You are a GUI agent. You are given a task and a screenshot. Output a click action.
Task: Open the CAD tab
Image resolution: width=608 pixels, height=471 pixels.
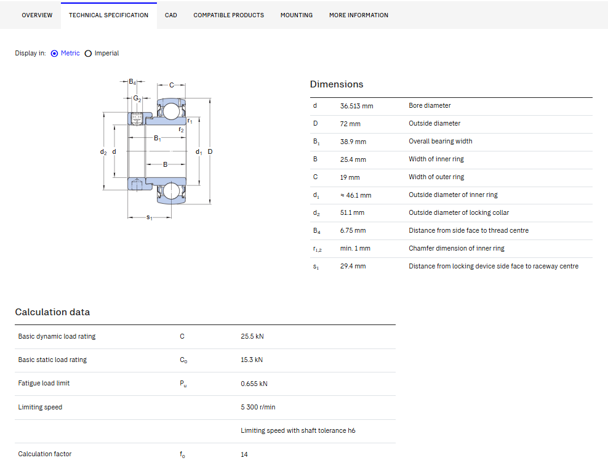[170, 15]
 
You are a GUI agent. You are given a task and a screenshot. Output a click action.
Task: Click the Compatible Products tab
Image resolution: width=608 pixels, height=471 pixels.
[228, 15]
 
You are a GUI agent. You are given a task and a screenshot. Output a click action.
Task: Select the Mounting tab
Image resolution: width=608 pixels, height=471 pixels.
[296, 15]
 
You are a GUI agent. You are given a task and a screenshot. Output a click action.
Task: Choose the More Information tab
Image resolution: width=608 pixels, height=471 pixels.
[358, 15]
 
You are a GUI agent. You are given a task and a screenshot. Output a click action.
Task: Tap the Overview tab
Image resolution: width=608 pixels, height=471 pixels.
[37, 15]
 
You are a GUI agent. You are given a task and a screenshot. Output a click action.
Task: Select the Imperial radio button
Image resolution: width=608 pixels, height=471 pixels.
[88, 54]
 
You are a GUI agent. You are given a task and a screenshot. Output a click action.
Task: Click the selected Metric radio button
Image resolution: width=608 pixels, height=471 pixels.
[54, 54]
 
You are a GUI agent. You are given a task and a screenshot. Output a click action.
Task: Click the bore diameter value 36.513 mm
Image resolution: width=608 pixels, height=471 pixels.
[356, 106]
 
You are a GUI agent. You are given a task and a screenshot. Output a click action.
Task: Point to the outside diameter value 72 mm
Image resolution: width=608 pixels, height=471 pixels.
[350, 124]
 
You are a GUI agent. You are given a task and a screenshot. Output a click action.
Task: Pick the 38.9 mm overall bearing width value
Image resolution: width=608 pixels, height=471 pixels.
[353, 142]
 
